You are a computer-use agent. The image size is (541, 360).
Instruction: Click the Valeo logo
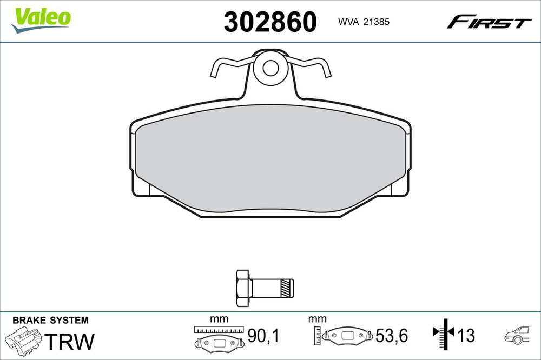click(41, 21)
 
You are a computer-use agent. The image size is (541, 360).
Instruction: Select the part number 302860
click(270, 22)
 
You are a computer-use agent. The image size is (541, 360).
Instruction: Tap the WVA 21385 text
click(364, 22)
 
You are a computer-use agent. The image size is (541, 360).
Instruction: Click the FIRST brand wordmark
click(489, 22)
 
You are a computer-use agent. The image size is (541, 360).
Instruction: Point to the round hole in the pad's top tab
click(270, 68)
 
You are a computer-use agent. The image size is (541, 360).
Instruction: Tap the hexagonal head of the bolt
click(243, 288)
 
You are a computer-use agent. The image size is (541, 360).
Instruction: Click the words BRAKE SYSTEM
click(50, 321)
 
